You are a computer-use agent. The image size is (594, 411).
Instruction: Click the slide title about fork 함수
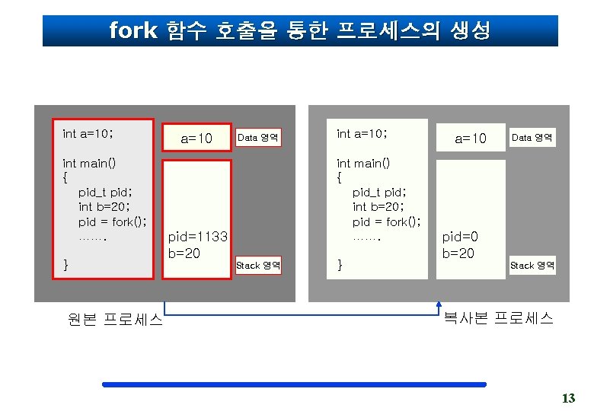pos(299,31)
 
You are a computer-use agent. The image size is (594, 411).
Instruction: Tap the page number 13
pos(568,398)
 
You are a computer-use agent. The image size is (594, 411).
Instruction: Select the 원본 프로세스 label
pos(113,320)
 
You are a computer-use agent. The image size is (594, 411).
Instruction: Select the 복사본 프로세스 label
pos(498,318)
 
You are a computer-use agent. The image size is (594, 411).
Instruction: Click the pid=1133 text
pos(197,237)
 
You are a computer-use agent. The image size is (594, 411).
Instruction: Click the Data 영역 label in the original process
pos(258,138)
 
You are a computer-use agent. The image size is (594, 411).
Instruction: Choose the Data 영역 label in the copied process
pos(532,138)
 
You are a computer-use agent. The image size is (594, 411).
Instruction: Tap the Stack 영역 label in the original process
pos(258,266)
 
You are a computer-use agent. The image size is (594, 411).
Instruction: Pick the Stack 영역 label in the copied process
pos(532,266)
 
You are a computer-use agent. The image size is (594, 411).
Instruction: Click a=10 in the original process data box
pos(196,139)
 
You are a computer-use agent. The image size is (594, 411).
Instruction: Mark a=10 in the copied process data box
pos(470,139)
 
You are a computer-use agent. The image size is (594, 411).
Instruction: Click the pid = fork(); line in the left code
pos(113,222)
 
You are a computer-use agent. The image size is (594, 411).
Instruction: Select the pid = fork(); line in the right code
pos(387,222)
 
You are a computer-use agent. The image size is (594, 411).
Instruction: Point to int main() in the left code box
pos(88,162)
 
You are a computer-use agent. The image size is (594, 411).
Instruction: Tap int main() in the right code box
pos(362,162)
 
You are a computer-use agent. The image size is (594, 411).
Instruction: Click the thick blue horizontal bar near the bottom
pos(294,385)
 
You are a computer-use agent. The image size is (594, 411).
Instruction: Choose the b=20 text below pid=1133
pos(184,253)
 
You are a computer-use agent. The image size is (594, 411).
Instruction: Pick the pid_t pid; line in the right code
pos(379,192)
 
